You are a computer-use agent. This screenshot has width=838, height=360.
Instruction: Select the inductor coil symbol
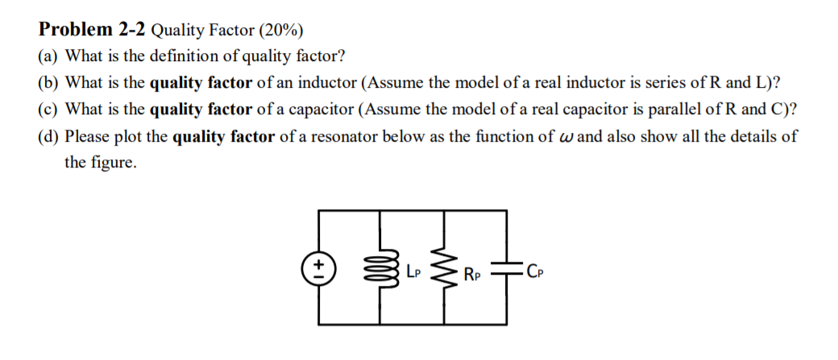(375, 268)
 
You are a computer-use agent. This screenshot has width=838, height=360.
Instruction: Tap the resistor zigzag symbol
(441, 268)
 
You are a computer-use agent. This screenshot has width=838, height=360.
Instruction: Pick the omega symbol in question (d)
(564, 136)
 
